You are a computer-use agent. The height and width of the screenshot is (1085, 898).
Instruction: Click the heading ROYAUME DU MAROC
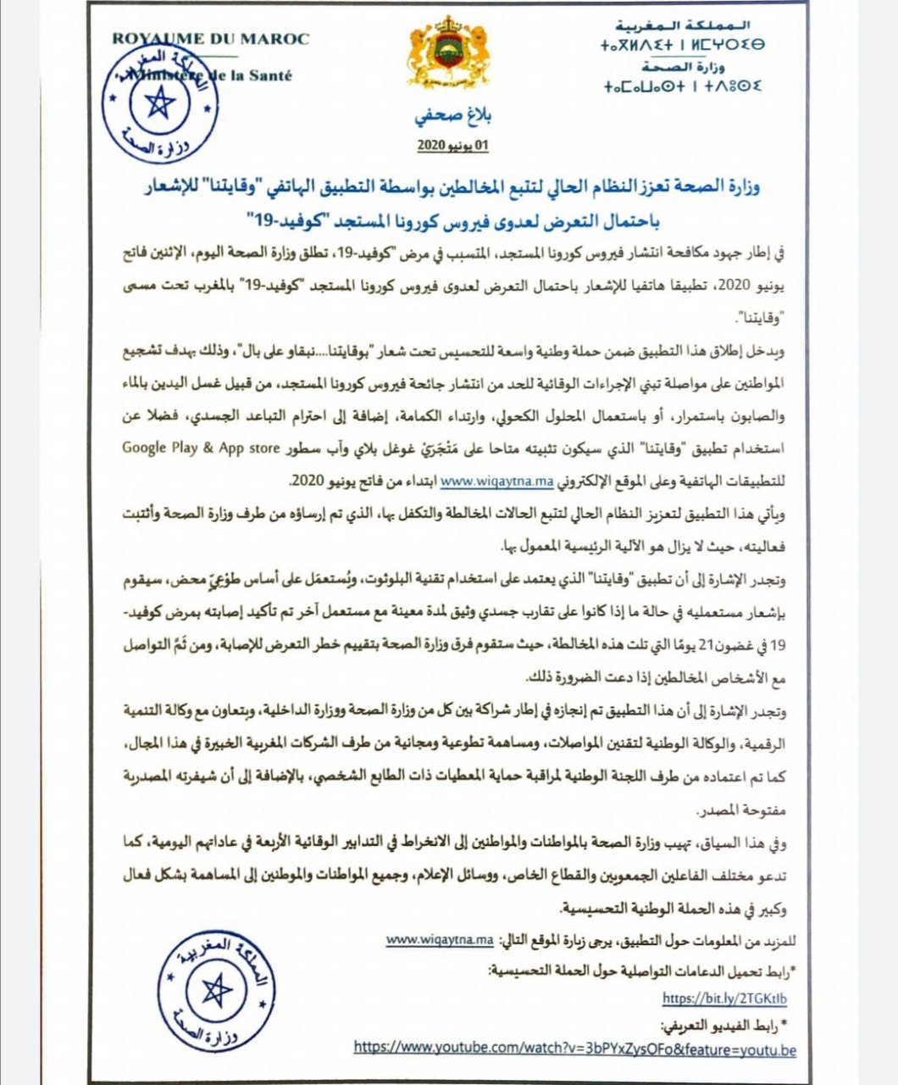click(x=211, y=39)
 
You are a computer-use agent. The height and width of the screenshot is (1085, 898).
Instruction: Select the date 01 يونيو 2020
click(x=453, y=146)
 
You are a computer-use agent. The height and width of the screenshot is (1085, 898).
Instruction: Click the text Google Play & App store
click(x=201, y=448)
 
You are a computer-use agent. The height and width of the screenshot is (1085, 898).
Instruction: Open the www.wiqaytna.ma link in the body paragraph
click(x=497, y=480)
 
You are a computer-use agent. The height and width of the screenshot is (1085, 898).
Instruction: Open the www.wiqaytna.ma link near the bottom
click(x=440, y=940)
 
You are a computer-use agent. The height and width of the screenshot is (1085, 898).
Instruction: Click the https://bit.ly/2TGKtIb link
click(x=724, y=998)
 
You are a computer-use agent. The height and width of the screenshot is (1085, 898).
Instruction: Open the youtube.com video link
click(x=575, y=1048)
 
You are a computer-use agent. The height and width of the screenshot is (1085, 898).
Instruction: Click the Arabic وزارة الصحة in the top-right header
click(x=686, y=66)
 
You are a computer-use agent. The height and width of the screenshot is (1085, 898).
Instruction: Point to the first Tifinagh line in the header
click(x=683, y=46)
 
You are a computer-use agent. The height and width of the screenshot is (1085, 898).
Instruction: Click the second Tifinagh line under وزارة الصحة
click(x=683, y=86)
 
